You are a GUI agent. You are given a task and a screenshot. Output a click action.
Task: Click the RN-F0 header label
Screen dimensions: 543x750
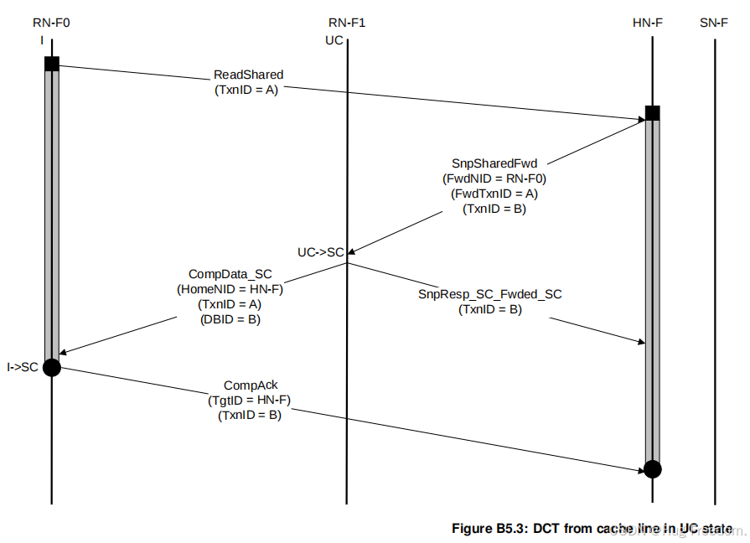[x=51, y=23]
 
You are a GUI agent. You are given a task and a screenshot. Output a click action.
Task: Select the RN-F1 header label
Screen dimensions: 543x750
[x=346, y=23]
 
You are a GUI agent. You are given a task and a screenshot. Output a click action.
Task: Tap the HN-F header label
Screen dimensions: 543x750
[x=648, y=23]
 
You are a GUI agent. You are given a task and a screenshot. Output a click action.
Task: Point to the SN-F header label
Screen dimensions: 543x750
[x=715, y=23]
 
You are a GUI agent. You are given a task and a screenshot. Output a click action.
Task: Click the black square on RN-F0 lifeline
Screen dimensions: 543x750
[x=52, y=64]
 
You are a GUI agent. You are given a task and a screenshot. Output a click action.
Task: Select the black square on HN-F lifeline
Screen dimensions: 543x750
[x=653, y=113]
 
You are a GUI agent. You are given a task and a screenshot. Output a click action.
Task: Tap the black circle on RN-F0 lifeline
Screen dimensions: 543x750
[x=52, y=366]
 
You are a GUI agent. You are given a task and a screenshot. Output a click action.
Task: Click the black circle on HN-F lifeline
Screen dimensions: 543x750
[x=653, y=468]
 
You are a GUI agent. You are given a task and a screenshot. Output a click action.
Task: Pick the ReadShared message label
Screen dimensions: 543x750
[x=248, y=75]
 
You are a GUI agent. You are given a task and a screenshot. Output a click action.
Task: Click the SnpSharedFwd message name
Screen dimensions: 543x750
[x=494, y=163]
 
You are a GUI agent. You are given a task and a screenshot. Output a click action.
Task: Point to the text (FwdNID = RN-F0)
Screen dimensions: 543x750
[x=494, y=178]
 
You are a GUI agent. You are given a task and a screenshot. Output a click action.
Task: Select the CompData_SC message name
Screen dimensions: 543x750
[x=230, y=274]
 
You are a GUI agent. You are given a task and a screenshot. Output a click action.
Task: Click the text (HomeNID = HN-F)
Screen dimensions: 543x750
[x=230, y=289]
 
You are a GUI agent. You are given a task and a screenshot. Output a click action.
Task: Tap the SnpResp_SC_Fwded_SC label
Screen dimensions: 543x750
[x=489, y=294]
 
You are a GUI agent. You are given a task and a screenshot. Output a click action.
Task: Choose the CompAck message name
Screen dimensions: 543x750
[x=251, y=385]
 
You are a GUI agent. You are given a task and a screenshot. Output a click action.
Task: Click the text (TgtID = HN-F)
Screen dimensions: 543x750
[x=250, y=401]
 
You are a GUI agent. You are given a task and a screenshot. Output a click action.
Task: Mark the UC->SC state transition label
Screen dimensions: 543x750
[x=320, y=252]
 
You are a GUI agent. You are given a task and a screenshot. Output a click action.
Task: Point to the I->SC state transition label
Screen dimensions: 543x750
[x=22, y=367]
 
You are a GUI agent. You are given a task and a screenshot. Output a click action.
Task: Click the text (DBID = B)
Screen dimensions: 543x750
[x=230, y=319]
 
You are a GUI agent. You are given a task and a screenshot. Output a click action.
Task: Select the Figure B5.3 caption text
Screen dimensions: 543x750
[x=592, y=529]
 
